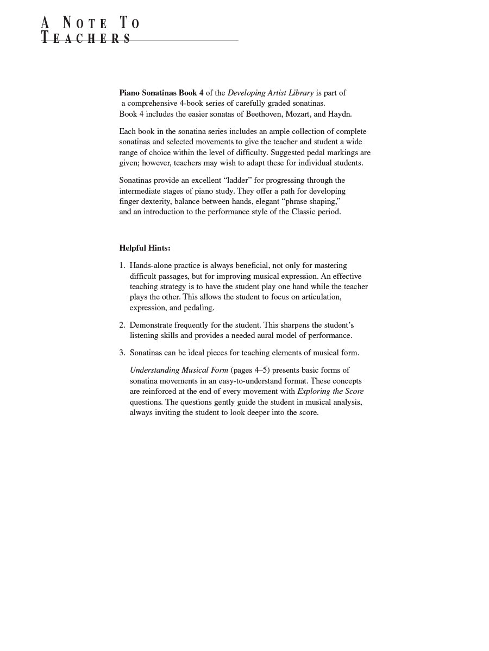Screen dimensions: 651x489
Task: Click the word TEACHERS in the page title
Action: point(86,38)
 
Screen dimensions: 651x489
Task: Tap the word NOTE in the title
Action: point(85,23)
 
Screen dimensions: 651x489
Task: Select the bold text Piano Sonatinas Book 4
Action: point(161,93)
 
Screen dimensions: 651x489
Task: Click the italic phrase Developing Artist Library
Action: point(270,93)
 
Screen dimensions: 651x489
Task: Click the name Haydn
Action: point(339,114)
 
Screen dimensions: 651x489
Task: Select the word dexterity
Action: point(154,201)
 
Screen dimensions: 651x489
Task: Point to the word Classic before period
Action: point(304,212)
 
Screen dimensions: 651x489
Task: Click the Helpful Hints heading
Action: point(145,248)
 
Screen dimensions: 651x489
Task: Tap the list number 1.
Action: point(122,265)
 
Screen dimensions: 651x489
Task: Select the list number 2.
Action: point(122,325)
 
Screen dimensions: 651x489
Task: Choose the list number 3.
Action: point(122,353)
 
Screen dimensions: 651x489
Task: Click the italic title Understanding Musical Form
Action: point(179,370)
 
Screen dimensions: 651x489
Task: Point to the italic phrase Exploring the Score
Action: point(330,391)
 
